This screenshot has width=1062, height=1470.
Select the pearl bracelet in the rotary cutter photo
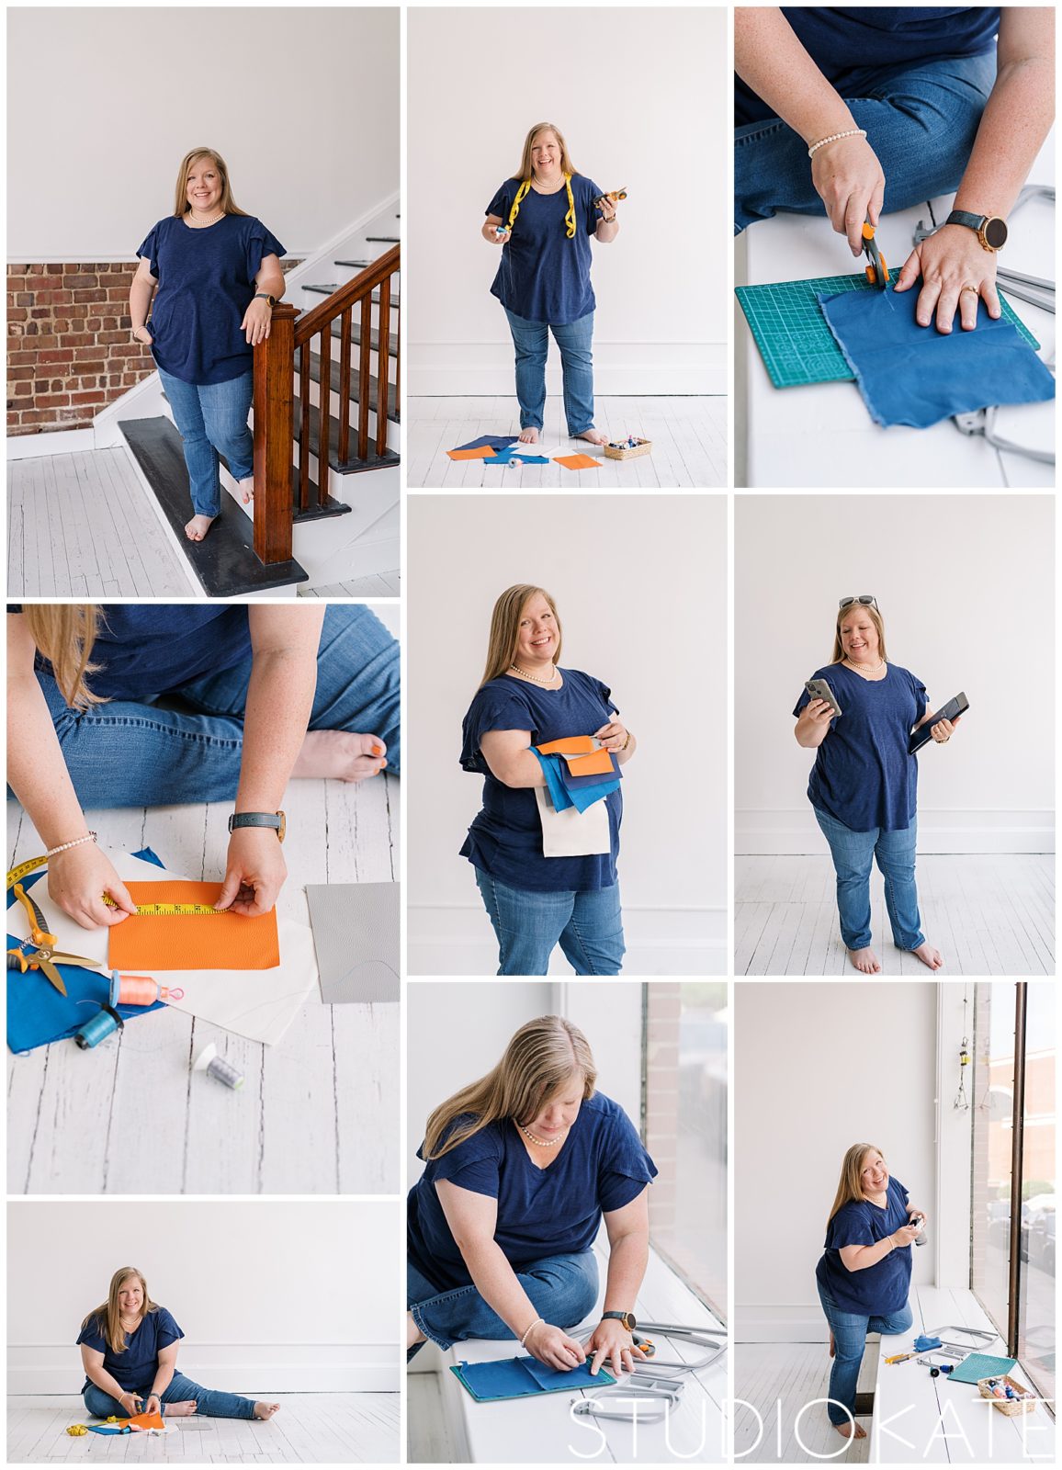pos(836,141)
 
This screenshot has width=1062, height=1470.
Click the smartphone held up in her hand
pos(822,696)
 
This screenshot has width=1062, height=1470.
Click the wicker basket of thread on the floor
pos(628,447)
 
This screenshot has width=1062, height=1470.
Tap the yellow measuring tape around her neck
pos(571,207)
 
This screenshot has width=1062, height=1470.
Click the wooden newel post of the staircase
pos(274,432)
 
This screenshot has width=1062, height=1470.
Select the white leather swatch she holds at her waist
pos(575,831)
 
